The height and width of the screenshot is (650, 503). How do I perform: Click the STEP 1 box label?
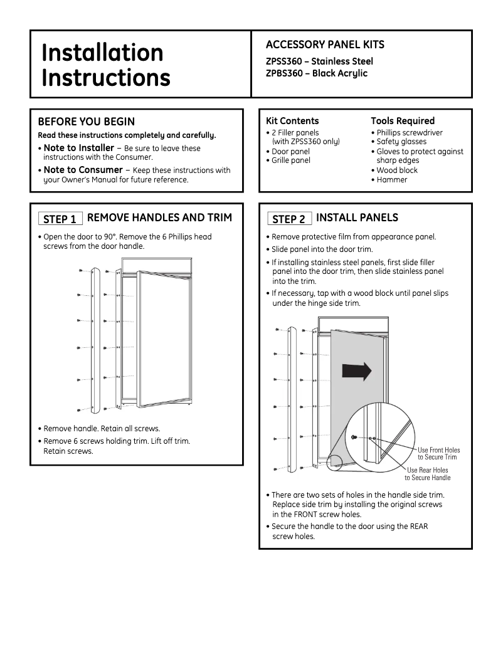[x=60, y=219]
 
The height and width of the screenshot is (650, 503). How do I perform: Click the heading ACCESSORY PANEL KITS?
[x=325, y=45]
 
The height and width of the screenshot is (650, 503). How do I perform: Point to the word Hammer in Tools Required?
[x=392, y=180]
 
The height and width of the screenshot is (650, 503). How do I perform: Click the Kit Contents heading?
[x=292, y=121]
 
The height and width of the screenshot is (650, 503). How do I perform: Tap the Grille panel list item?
[x=291, y=160]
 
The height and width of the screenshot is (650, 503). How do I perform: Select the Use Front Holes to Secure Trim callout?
[x=438, y=454]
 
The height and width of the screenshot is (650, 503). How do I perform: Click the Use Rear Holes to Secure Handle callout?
[x=428, y=474]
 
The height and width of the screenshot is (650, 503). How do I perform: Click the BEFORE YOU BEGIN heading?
[x=87, y=122]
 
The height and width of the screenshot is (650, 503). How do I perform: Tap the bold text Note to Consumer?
[x=83, y=170]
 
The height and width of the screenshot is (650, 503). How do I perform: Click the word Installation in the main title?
[x=102, y=53]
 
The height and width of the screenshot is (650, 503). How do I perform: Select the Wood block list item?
[x=397, y=170]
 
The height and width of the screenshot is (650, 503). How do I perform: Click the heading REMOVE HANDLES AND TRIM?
[x=159, y=218]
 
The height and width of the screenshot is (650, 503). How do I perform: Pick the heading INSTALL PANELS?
[x=357, y=218]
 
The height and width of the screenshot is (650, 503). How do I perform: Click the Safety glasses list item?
[x=401, y=142]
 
